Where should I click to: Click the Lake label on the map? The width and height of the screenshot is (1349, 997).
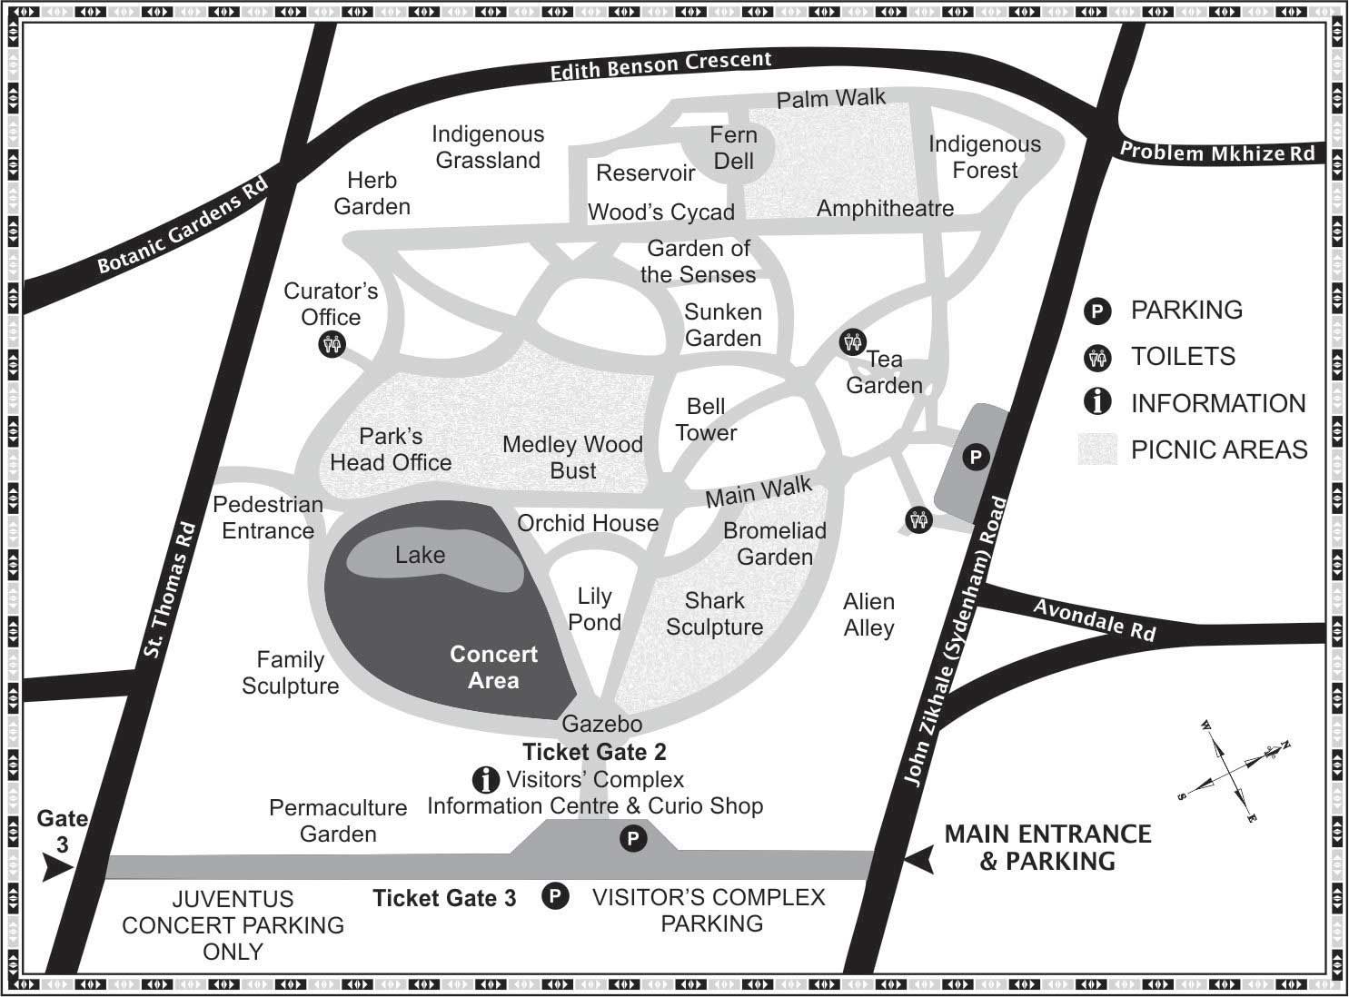point(420,555)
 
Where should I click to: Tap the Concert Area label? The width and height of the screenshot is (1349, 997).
point(493,667)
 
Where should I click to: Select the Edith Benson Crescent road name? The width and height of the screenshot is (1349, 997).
point(660,65)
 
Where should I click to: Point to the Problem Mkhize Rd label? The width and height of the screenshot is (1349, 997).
point(1216,153)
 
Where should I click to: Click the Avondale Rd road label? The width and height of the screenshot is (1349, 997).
point(1095,619)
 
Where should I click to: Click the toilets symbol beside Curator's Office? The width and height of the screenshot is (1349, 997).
point(332,345)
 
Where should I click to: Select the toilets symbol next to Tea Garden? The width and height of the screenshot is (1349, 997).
point(852,342)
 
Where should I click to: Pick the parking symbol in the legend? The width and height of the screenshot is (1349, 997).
point(1097,311)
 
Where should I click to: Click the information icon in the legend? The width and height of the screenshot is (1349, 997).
point(1097,401)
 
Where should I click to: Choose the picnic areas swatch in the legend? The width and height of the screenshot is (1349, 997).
point(1097,449)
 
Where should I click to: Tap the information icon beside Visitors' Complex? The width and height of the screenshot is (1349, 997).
point(486,779)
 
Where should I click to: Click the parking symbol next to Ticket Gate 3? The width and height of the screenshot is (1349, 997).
point(554,897)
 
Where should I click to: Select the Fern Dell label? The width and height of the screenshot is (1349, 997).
point(733,148)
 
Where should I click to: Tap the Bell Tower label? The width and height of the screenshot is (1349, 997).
point(706,420)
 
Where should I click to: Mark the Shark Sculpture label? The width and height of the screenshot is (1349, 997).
point(714,614)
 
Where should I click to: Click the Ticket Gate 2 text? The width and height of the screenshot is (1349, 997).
point(594,752)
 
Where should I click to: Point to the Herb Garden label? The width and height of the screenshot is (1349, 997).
point(372,193)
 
